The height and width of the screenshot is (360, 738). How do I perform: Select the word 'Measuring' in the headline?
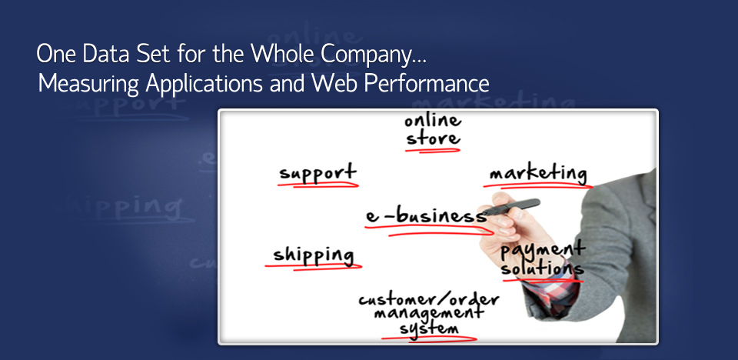click(88, 85)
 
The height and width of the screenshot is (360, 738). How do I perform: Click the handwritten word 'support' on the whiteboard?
click(318, 172)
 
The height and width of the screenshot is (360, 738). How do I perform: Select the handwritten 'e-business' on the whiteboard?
click(427, 216)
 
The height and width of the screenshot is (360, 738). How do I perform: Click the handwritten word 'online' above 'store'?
click(433, 121)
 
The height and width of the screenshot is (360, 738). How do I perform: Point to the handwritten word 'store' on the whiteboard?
click(433, 138)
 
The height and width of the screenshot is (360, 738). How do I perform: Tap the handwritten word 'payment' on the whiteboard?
click(543, 251)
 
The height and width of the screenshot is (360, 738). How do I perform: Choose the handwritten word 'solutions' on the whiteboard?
click(542, 268)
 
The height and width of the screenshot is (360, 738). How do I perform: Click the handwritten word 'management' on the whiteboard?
click(428, 313)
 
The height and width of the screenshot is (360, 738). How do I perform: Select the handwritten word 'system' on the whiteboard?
click(429, 328)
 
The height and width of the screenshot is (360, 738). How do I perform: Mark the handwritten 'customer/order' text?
click(428, 298)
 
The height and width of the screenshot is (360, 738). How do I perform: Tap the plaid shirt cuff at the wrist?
click(550, 288)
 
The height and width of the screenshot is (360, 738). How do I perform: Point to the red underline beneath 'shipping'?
click(314, 267)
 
